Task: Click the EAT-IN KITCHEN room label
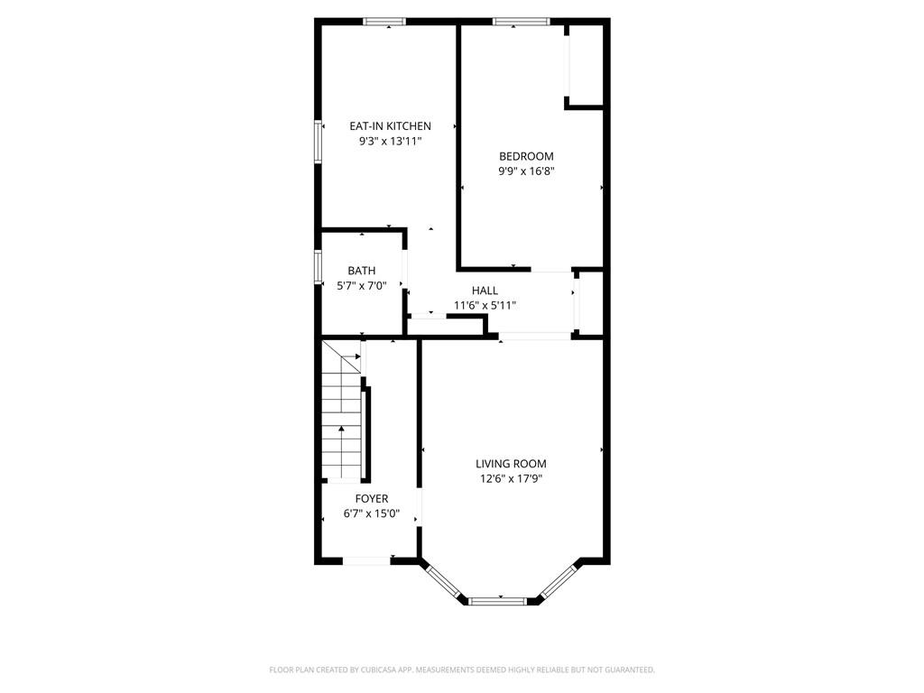tap(390, 126)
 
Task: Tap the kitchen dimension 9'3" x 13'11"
tap(390, 142)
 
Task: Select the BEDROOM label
tap(526, 156)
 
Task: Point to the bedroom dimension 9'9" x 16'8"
tap(526, 171)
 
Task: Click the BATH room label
tap(362, 271)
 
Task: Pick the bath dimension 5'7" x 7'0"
tap(362, 286)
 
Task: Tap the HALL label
tap(485, 291)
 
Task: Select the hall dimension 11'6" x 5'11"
tap(485, 306)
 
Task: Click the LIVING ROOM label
tap(511, 464)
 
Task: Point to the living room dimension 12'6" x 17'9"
tap(511, 479)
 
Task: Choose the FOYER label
tap(371, 498)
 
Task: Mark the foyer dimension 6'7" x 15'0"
tap(371, 513)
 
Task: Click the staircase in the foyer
tap(342, 415)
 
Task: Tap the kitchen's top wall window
tap(384, 22)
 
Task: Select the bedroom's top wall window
tap(521, 22)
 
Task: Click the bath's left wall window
tap(319, 268)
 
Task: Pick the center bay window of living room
tap(497, 600)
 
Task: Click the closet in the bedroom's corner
tap(585, 63)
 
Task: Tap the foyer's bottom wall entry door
tap(367, 561)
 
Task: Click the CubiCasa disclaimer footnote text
tap(462, 670)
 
